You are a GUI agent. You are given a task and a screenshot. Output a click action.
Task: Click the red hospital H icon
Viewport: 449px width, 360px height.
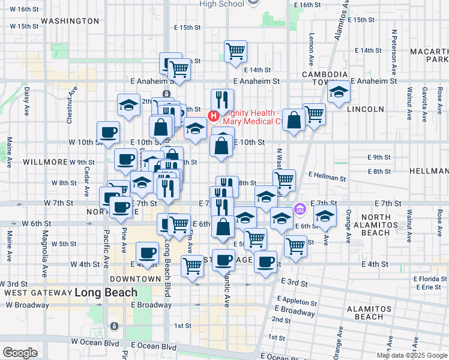(x=212, y=114)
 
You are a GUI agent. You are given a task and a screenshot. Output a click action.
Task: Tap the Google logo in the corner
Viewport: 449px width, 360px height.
(x=19, y=353)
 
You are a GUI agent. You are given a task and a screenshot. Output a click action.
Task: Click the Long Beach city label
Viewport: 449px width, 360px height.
(x=106, y=293)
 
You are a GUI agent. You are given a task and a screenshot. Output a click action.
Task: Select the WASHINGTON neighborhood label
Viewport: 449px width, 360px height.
(x=70, y=21)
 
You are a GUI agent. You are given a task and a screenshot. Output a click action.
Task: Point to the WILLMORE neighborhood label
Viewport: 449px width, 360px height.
(x=45, y=162)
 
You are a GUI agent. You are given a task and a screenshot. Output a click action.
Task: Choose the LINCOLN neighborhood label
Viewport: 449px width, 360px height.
(x=364, y=109)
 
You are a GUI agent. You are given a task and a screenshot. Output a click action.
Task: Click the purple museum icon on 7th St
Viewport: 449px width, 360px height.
(x=300, y=210)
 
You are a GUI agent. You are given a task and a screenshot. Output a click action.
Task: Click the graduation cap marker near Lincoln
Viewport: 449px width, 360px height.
(x=339, y=92)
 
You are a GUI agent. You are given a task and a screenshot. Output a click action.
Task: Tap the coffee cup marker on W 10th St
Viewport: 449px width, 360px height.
(x=109, y=132)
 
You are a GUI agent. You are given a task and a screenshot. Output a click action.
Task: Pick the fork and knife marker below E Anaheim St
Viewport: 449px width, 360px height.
(x=222, y=100)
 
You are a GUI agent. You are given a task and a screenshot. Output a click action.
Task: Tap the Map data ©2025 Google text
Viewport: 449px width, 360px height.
(x=412, y=355)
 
